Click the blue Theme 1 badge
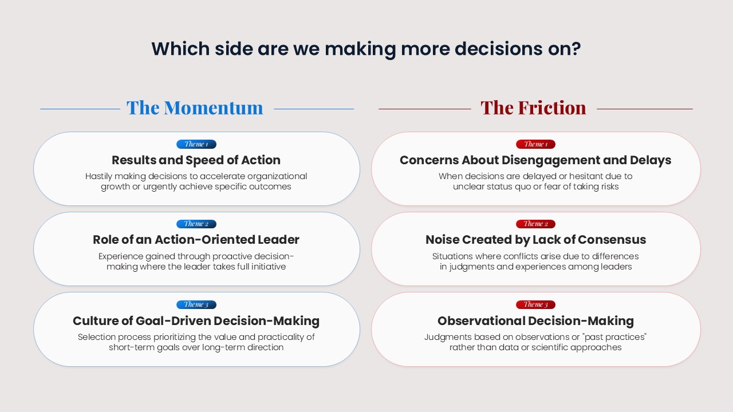[x=196, y=144]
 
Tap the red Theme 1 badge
[x=535, y=144]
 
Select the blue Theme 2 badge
[x=196, y=224]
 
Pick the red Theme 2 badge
[x=535, y=224]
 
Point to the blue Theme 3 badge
[x=196, y=305]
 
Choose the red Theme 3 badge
[x=535, y=305]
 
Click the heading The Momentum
[x=195, y=108]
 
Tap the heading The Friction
[x=533, y=108]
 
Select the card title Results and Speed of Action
[x=196, y=160]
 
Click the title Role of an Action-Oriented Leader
[x=196, y=240]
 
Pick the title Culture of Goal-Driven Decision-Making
[x=196, y=321]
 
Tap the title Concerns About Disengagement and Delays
[x=535, y=160]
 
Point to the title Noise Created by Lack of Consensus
[x=535, y=240]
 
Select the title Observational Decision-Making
[x=535, y=321]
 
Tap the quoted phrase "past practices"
[x=615, y=337]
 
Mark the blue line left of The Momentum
[x=80, y=109]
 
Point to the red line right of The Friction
[x=645, y=109]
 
